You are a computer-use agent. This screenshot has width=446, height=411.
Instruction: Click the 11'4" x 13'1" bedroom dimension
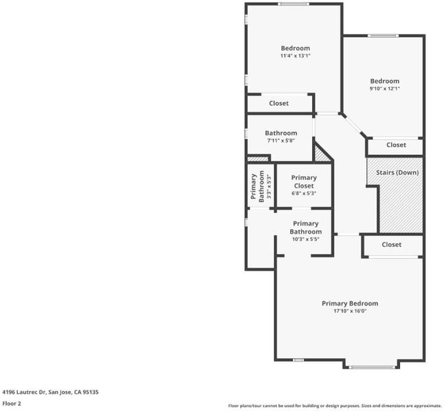(x=295, y=55)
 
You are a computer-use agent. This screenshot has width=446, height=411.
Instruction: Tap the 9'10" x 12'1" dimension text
(x=384, y=88)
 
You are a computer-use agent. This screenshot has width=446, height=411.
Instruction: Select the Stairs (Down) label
(x=397, y=173)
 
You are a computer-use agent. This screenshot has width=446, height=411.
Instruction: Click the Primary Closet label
(x=304, y=182)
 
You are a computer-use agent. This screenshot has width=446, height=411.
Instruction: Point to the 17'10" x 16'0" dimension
(x=350, y=311)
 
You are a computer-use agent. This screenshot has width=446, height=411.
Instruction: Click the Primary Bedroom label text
(x=350, y=303)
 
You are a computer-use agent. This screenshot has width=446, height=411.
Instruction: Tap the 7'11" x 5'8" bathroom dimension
(x=281, y=140)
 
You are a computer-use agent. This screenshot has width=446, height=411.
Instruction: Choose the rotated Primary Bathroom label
(x=257, y=186)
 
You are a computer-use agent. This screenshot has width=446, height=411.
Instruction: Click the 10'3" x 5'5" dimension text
(x=305, y=239)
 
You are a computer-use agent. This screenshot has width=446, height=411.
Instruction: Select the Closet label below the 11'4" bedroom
(x=279, y=103)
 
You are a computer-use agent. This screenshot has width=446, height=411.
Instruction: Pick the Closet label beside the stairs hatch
(x=396, y=145)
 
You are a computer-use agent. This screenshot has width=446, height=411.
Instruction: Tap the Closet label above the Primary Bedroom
(x=392, y=245)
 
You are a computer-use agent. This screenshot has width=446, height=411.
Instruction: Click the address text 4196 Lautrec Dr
(x=24, y=393)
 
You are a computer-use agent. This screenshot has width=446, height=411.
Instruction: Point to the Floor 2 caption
(x=12, y=403)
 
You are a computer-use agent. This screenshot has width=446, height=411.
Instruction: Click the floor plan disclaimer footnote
(x=335, y=406)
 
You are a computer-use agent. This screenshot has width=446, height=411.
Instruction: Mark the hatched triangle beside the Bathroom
(x=320, y=154)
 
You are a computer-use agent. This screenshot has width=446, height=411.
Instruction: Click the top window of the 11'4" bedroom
(x=293, y=4)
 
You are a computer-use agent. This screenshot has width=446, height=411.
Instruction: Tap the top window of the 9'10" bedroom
(x=383, y=36)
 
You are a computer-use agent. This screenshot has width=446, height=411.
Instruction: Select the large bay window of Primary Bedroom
(x=371, y=367)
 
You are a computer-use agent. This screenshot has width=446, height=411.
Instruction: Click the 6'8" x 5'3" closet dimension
(x=304, y=193)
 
